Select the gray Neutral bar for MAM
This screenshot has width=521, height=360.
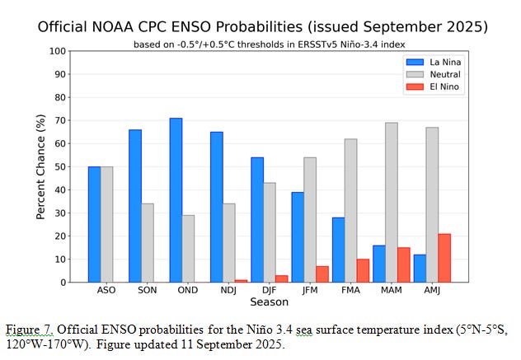pyautogui.click(x=392, y=203)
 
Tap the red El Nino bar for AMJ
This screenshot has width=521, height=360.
pyautogui.click(x=445, y=258)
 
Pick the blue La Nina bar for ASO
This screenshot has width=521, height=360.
pyautogui.click(x=95, y=224)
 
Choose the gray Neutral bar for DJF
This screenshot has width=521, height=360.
pyautogui.click(x=270, y=232)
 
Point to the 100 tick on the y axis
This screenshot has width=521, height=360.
pyautogui.click(x=57, y=51)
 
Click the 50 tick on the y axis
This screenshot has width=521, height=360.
pyautogui.click(x=59, y=166)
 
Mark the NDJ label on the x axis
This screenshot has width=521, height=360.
pyautogui.click(x=229, y=291)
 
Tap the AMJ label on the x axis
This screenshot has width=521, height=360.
pyautogui.click(x=432, y=291)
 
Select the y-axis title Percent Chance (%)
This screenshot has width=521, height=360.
pyautogui.click(x=40, y=166)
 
